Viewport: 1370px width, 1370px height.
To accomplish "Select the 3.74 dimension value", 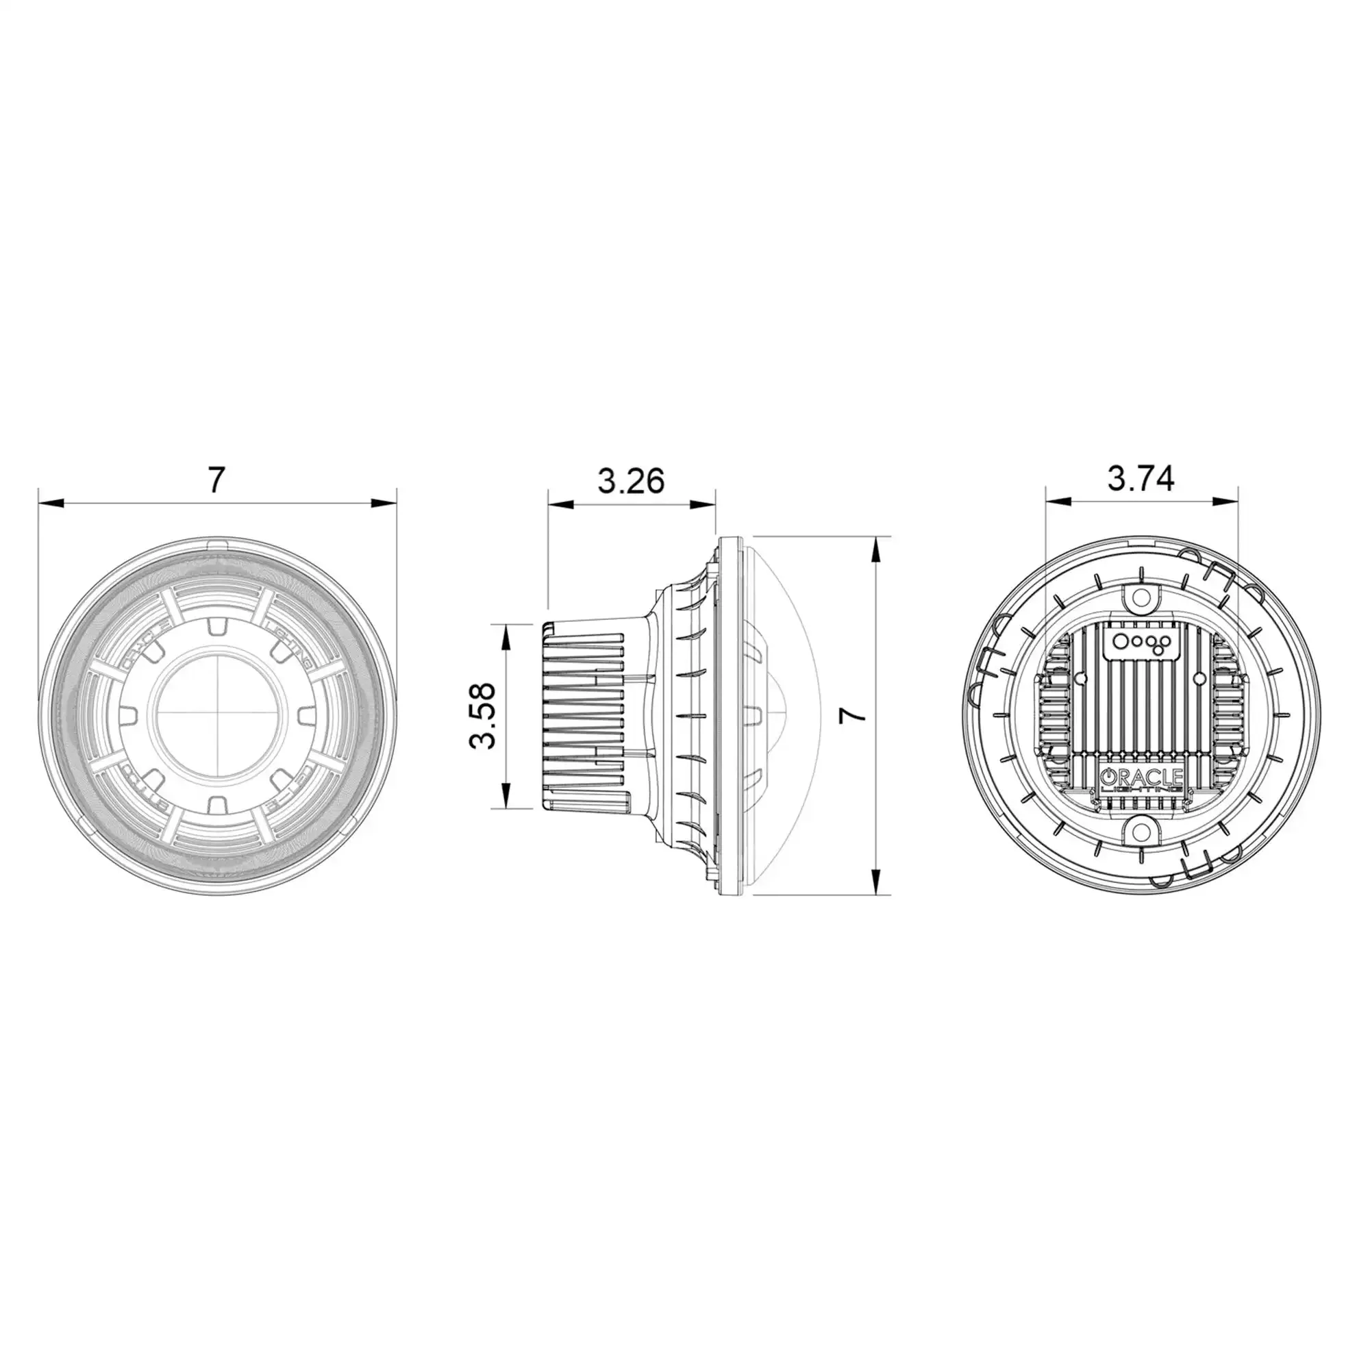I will click(1141, 480).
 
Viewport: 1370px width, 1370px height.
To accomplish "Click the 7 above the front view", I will click(216, 481).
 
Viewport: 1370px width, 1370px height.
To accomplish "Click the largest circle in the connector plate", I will click(1121, 640).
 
